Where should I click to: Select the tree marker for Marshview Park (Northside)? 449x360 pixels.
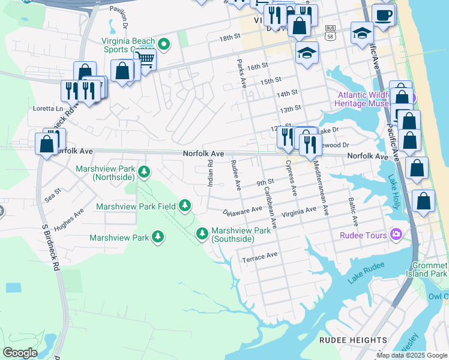point(143,173)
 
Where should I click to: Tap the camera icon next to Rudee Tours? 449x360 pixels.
point(396,234)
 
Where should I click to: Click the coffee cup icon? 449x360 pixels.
point(384,14)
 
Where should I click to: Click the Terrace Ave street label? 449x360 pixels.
point(259,257)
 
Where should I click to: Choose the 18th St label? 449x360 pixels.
point(229,37)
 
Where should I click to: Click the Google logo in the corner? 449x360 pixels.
point(20,352)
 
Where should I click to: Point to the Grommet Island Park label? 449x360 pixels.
point(430,270)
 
